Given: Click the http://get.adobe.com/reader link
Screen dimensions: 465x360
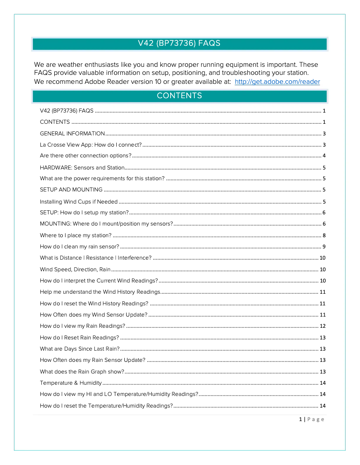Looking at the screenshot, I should (x=277, y=82).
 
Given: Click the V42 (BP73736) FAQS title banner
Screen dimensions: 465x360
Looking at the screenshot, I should (x=180, y=43).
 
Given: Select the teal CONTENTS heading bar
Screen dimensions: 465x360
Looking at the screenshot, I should (x=180, y=96).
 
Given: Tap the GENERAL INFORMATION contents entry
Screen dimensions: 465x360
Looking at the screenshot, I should (x=72, y=134).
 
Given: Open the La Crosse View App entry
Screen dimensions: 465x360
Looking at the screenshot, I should (x=91, y=145).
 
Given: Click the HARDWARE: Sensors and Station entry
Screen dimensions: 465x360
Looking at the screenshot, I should (x=82, y=168).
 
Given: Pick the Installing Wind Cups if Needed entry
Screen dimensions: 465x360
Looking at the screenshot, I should (x=79, y=202).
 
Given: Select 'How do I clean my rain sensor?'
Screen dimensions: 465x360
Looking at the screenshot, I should (x=79, y=247).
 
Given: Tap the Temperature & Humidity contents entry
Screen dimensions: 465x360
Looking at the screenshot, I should (x=70, y=383).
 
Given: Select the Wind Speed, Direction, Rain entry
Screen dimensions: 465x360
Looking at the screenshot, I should (x=75, y=269).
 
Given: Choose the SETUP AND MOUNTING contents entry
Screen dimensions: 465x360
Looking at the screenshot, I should (x=71, y=190).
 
